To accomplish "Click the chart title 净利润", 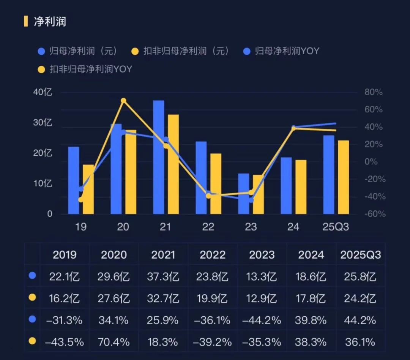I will click(50, 21).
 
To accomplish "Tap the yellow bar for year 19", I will click(88, 189).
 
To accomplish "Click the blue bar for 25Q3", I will click(329, 174).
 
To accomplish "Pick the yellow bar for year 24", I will click(301, 186).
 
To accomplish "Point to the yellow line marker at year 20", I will click(123, 101).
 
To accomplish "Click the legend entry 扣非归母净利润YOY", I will click(91, 69).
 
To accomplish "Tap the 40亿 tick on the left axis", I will click(43, 92).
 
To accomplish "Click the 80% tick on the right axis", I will click(374, 92).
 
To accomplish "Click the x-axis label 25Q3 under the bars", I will click(335, 227).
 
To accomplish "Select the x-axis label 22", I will click(208, 227).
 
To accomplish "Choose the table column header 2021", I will click(163, 254).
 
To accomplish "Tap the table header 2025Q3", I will click(360, 254).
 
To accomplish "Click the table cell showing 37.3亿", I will click(163, 276).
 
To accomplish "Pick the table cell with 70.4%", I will click(114, 342).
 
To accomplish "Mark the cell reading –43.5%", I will click(64, 342).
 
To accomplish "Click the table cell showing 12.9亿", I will click(262, 298).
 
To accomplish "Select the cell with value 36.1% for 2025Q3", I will click(360, 342).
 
